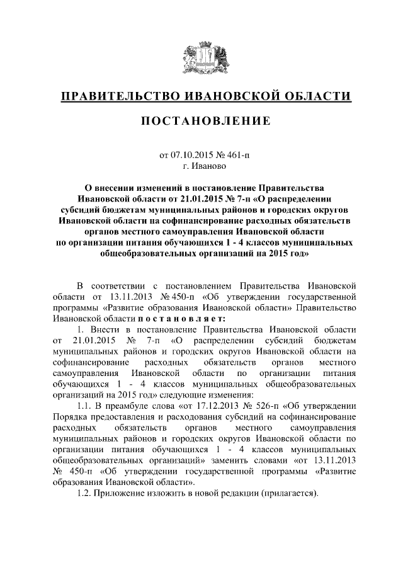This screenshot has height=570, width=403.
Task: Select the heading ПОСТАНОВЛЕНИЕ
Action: tap(201, 121)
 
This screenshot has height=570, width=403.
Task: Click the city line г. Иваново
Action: tap(201, 165)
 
